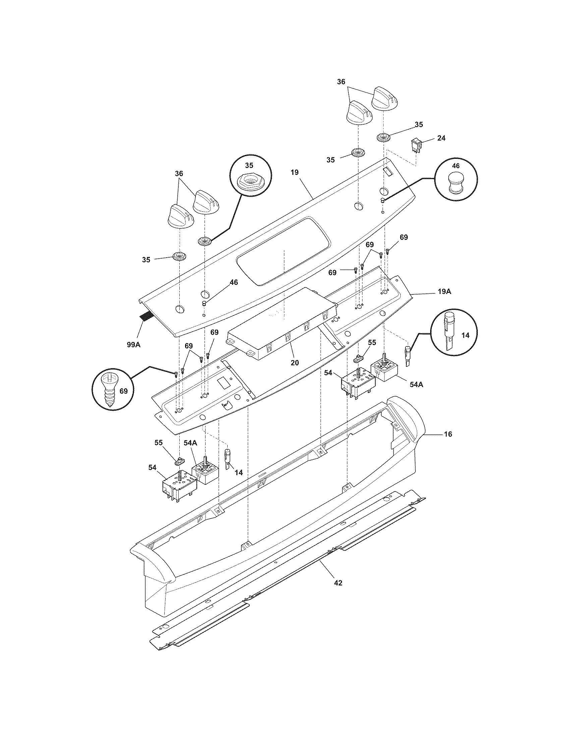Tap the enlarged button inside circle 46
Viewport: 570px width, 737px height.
456,184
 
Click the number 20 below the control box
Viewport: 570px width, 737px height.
295,362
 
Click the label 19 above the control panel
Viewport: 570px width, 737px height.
294,173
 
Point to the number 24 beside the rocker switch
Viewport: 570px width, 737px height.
441,138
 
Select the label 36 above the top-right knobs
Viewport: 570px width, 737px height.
341,82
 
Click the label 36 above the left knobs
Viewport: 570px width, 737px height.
179,174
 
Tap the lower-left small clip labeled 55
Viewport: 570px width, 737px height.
181,459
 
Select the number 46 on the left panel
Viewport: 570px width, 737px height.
233,282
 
